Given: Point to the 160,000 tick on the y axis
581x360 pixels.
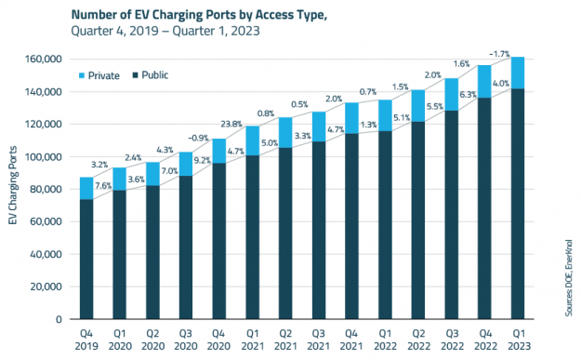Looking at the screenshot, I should point(44,59).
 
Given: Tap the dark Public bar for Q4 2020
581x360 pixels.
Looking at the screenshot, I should point(219,242).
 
